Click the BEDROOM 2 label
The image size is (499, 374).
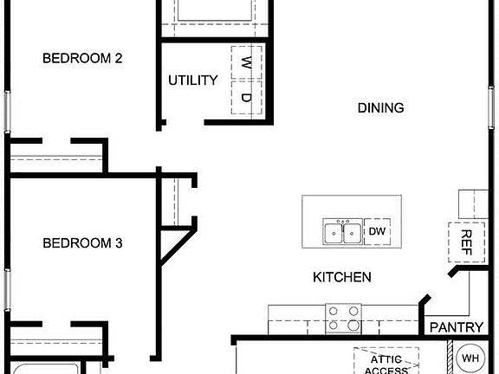click(82, 59)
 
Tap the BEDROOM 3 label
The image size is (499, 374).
click(82, 244)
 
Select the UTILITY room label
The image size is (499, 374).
click(193, 81)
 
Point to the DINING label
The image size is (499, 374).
click(380, 108)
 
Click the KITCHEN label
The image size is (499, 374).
click(342, 278)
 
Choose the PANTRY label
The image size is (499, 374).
click(457, 327)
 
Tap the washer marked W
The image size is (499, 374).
click(246, 62)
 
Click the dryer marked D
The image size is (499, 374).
click(246, 97)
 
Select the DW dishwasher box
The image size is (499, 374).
click(377, 232)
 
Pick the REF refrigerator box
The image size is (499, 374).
click(465, 241)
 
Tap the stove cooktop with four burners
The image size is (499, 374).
click(343, 319)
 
